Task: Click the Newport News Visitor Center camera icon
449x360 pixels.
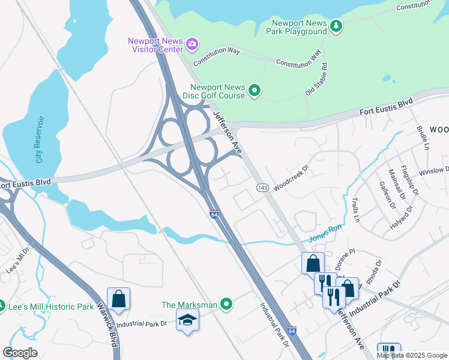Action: (x=192, y=43)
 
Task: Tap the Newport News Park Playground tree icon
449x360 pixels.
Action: (x=337, y=25)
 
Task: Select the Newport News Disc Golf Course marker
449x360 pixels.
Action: (x=255, y=91)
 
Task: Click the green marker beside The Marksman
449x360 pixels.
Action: (x=226, y=305)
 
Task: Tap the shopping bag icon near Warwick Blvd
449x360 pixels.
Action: (x=119, y=298)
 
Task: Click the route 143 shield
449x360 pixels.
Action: (x=262, y=188)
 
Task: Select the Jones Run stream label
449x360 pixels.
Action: (x=325, y=233)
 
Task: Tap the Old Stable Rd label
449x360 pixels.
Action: (x=316, y=79)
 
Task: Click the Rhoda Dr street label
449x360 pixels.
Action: (x=372, y=271)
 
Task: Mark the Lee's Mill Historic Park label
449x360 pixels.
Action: (x=51, y=307)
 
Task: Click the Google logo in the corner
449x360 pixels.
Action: (x=20, y=353)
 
